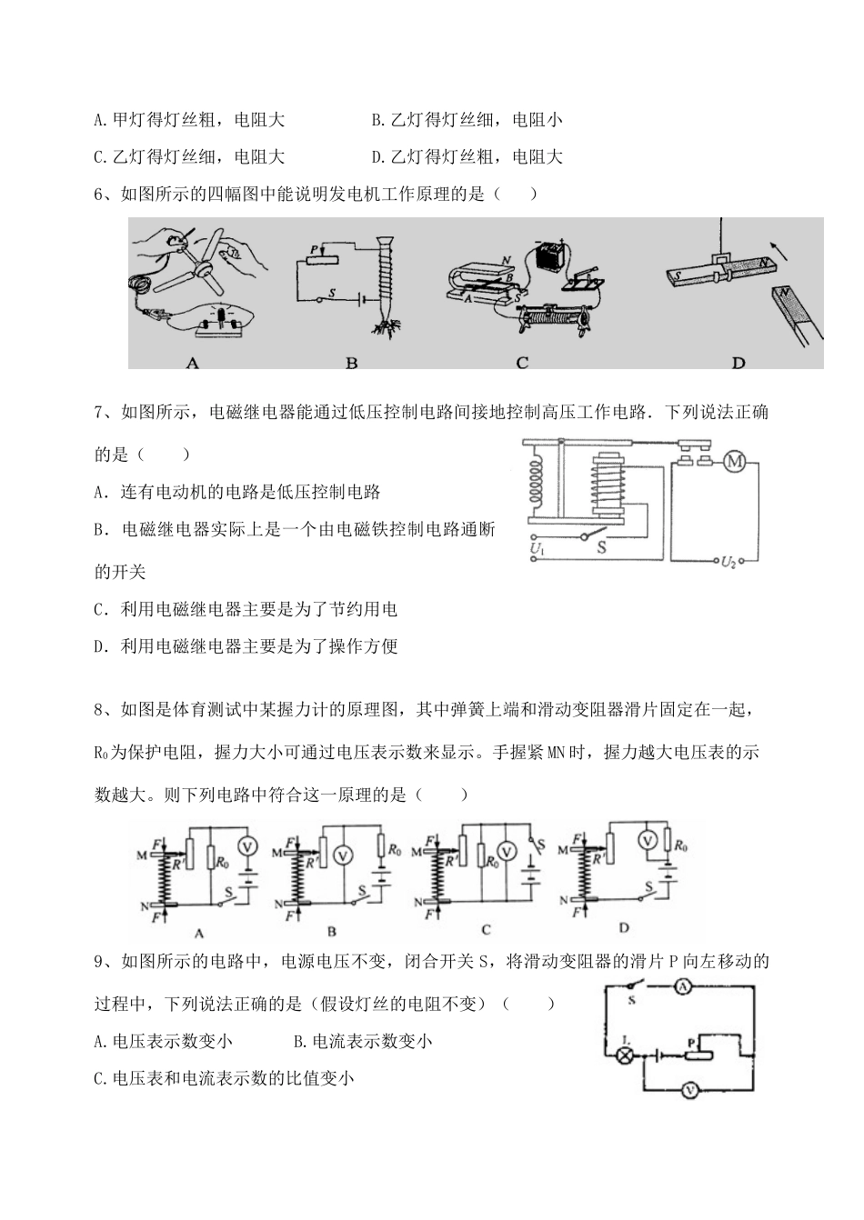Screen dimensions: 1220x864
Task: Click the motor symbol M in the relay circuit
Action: pyautogui.click(x=735, y=463)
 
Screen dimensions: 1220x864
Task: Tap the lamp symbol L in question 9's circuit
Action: pyautogui.click(x=626, y=1055)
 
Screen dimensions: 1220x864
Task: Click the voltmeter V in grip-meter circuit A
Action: pyautogui.click(x=246, y=845)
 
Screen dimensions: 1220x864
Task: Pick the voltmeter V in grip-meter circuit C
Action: pyautogui.click(x=508, y=853)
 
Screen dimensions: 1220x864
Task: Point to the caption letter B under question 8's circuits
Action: pyautogui.click(x=332, y=930)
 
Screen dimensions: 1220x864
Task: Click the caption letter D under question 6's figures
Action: pyautogui.click(x=738, y=363)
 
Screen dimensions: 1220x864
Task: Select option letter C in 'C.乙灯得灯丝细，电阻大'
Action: pyautogui.click(x=99, y=156)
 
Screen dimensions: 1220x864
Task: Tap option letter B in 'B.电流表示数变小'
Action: pyautogui.click(x=300, y=1042)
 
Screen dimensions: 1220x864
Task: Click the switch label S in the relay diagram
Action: pyautogui.click(x=601, y=548)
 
